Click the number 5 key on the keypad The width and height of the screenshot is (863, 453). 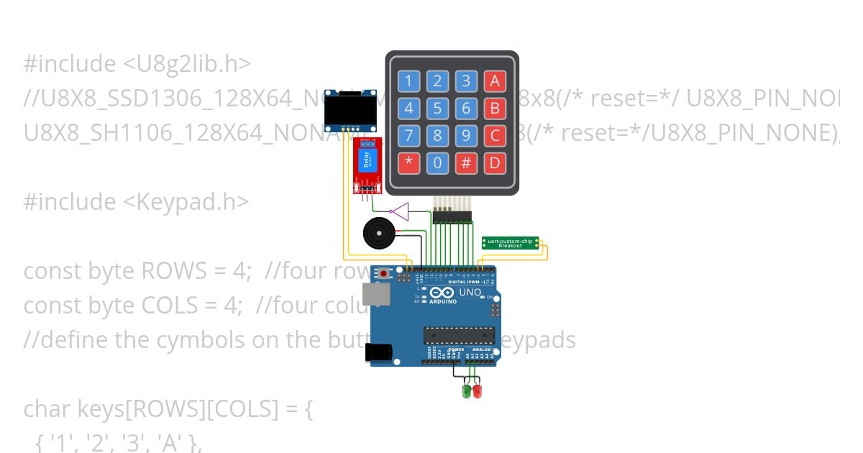pyautogui.click(x=437, y=109)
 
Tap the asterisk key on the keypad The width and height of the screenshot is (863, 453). pyautogui.click(x=408, y=162)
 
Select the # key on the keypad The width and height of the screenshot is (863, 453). pyautogui.click(x=466, y=162)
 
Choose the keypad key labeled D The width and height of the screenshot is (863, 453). pyautogui.click(x=495, y=162)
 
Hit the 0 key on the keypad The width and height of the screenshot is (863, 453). pyautogui.click(x=437, y=162)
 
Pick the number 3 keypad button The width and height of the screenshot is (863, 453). pyautogui.click(x=466, y=81)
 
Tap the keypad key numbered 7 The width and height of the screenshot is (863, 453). pyautogui.click(x=408, y=135)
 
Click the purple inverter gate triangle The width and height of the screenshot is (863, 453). pyautogui.click(x=399, y=211)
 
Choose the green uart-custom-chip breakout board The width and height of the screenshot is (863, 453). pyautogui.click(x=510, y=243)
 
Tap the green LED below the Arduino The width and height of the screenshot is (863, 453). pyautogui.click(x=466, y=391)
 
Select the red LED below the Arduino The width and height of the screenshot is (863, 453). pyautogui.click(x=477, y=391)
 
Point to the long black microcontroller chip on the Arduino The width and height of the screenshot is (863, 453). pyautogui.click(x=459, y=335)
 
